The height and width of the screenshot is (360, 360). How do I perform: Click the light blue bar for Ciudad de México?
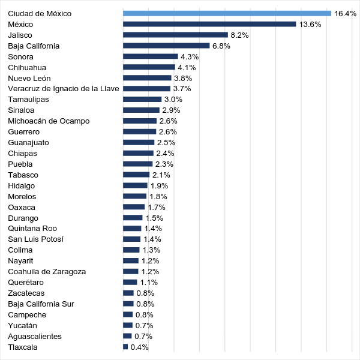point(227,13)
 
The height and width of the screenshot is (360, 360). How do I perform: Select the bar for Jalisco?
point(175,35)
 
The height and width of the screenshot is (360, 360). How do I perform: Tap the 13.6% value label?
point(310,24)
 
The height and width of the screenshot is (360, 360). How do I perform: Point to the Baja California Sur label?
point(41,304)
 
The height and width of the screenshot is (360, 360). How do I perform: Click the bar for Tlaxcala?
point(125,347)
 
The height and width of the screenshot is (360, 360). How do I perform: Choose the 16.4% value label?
point(346,13)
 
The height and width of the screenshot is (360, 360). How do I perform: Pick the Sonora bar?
point(150,56)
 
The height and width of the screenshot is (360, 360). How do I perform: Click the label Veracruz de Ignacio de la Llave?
point(64,89)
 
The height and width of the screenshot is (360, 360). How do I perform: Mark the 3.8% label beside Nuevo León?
point(183,78)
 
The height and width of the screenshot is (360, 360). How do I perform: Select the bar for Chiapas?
point(138,153)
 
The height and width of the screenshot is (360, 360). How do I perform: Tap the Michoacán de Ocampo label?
point(49,121)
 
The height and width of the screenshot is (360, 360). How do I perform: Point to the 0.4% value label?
point(140,347)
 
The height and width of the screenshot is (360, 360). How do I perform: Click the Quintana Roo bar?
point(132,229)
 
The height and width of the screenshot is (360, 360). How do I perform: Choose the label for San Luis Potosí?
point(35,239)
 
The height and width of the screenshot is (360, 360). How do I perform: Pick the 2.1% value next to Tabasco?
point(161,175)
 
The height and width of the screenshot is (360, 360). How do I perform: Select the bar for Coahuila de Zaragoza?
point(131,271)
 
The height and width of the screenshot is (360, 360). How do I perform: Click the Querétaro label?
point(26,282)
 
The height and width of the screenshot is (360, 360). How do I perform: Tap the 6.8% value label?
point(221,46)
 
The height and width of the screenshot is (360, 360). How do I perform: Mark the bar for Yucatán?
point(128,325)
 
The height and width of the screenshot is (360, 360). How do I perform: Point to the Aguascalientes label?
point(35,336)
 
